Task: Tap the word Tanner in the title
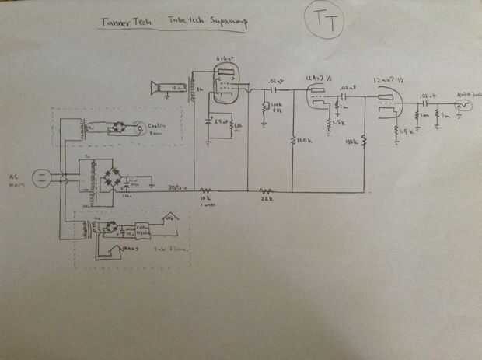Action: (114, 23)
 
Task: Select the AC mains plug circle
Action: (44, 179)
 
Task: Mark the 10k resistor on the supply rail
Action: (206, 190)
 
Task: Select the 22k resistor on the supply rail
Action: (267, 190)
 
